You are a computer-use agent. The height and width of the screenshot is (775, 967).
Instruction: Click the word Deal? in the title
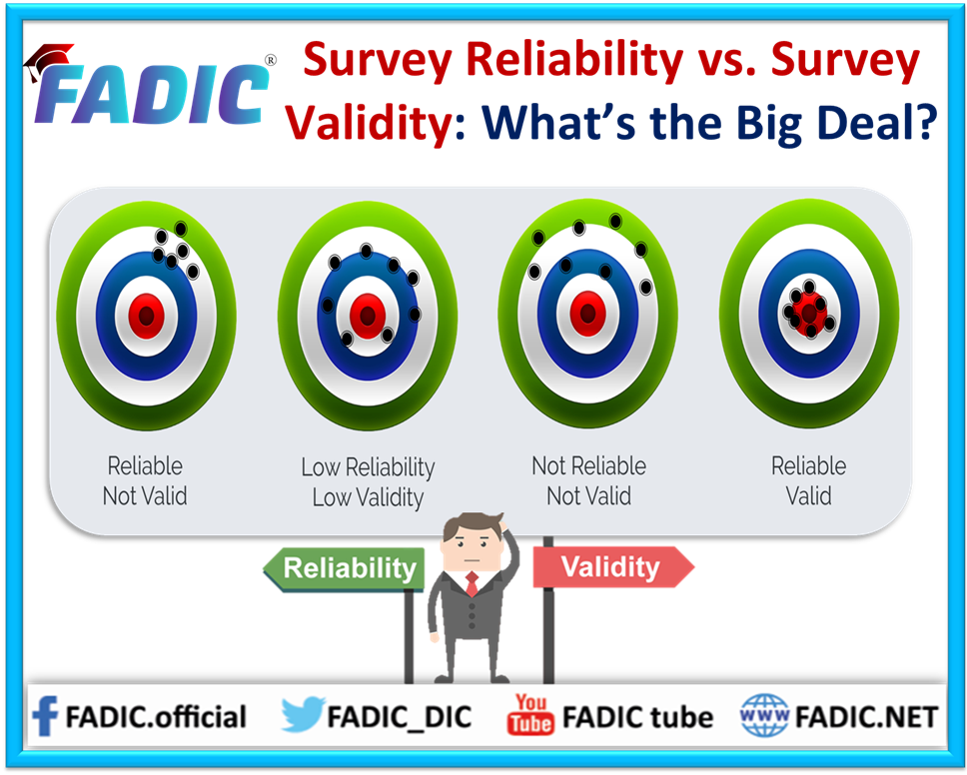pos(877,122)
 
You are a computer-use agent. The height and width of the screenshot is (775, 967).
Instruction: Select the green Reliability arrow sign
pos(344,568)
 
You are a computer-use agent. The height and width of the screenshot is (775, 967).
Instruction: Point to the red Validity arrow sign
pos(613,566)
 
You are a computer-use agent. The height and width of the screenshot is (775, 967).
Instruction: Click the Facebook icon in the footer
pos(45,716)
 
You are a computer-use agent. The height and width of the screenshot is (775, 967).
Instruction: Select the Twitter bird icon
pos(302,714)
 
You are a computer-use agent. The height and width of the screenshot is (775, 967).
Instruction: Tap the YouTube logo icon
pos(529,715)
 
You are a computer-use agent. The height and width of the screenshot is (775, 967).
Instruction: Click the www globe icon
pos(764,715)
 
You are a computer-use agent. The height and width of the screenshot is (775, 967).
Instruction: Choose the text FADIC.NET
pos(866,717)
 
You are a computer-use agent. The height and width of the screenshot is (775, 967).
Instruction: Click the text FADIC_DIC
pos(399,717)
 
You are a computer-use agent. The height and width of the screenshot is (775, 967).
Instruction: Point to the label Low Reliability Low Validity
pos(369,482)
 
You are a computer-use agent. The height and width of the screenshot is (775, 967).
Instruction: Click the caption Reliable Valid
pos(808,481)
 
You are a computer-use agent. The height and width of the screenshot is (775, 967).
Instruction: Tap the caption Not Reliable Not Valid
pos(589,481)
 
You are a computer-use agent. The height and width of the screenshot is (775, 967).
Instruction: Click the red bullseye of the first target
pos(146,316)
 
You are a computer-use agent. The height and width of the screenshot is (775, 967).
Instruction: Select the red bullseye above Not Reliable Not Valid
pos(587,314)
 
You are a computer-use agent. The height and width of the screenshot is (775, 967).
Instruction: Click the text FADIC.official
pos(156,717)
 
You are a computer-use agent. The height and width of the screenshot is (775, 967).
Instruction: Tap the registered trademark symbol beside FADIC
pos(270,60)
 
